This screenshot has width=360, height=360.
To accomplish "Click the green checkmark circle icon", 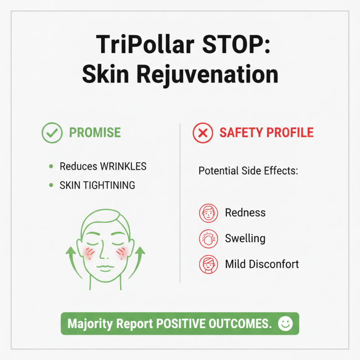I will (52, 133).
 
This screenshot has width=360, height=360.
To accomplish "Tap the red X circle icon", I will (202, 133).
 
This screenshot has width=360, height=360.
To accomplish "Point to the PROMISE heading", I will (94, 133).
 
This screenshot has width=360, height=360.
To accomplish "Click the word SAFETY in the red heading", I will (240, 133).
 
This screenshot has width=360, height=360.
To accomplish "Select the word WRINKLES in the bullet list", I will (123, 166).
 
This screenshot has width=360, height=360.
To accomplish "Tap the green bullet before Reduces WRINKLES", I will (51, 166).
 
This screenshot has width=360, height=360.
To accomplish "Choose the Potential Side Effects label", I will (249, 171).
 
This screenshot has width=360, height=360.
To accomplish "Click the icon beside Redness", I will (208, 212).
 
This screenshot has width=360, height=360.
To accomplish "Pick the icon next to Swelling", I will (208, 238).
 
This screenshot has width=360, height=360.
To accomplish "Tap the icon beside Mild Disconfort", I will (208, 264).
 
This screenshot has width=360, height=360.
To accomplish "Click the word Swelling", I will (245, 238).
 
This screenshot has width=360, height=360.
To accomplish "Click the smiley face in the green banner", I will (285, 324).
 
